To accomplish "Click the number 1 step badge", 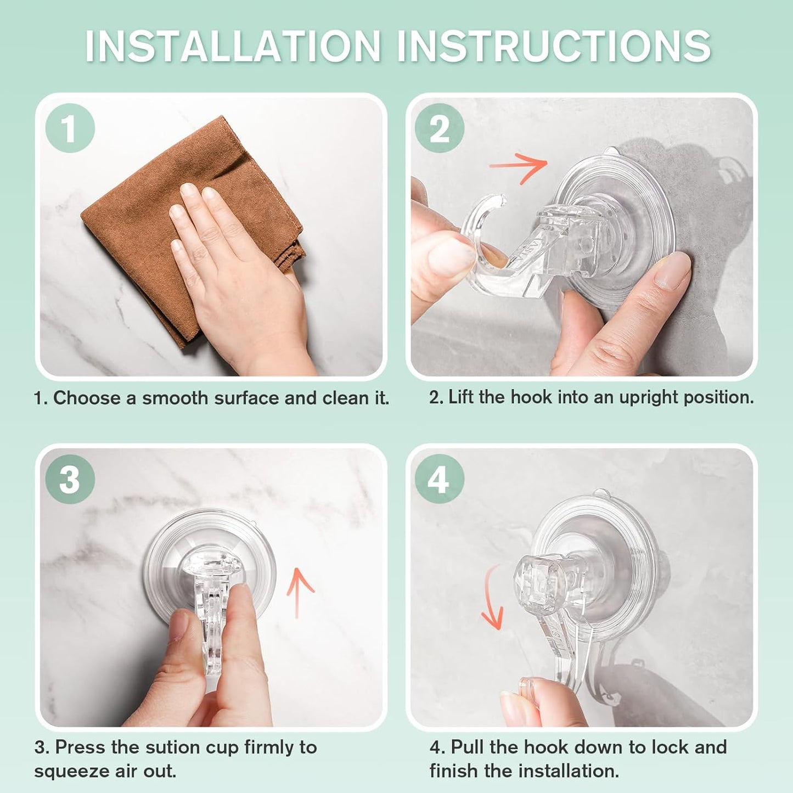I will click(x=70, y=128).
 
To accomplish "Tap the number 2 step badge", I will click(x=440, y=128).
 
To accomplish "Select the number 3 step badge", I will click(x=70, y=479).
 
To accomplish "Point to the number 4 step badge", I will click(x=440, y=479).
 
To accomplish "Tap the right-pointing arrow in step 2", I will click(x=519, y=165).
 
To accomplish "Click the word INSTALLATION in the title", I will click(x=233, y=46).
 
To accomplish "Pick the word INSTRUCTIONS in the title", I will click(x=554, y=46).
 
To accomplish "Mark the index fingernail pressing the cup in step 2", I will click(x=672, y=272).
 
